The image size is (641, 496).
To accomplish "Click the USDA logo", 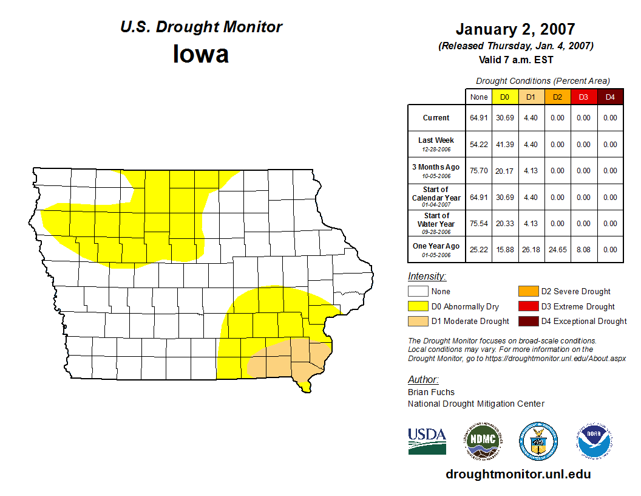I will point(427,441).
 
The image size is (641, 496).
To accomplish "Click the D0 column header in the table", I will point(504,97).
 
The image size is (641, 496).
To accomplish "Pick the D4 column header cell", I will point(610,97).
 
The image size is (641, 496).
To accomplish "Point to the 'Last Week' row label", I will point(436,144).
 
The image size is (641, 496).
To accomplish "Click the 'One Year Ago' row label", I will point(436,249).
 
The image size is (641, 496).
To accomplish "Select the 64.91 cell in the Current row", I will point(478,118).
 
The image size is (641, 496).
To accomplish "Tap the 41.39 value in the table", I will point(504,145).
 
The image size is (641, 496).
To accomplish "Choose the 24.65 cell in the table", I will point(557,249).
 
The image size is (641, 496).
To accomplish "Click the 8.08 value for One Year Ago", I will point(583,249).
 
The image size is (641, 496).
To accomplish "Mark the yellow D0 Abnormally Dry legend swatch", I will point(418,306).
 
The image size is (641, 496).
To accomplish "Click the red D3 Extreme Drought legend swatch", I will point(528,306).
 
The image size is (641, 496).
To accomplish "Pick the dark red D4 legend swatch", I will point(528,321).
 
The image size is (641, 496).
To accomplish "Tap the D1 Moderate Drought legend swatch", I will point(418,321).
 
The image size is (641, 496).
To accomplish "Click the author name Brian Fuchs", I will point(431,392).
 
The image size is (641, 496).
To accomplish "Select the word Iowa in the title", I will point(201,54).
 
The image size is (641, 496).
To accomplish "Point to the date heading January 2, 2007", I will point(515,29).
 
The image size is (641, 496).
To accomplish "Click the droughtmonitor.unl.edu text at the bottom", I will point(518,474).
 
